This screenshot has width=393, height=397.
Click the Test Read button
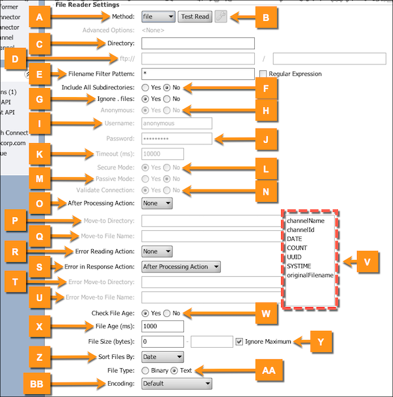[x=195, y=16]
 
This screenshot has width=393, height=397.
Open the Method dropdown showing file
[x=158, y=16]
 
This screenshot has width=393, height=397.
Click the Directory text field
[x=197, y=43]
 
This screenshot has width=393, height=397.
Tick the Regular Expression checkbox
[x=263, y=73]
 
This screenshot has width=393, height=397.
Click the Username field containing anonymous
[x=176, y=123]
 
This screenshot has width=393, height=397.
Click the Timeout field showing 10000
[x=162, y=154]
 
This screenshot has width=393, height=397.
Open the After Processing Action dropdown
[x=157, y=203]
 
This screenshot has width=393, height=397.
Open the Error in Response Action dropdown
[x=181, y=266]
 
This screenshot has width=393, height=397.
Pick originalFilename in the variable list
[x=310, y=275]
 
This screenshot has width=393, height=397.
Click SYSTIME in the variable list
[x=300, y=266]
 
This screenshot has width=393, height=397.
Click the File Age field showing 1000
[x=162, y=325]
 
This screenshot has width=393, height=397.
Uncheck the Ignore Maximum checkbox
[x=240, y=341]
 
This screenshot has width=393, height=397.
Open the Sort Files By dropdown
[x=162, y=357]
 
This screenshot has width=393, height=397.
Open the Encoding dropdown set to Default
[x=177, y=383]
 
